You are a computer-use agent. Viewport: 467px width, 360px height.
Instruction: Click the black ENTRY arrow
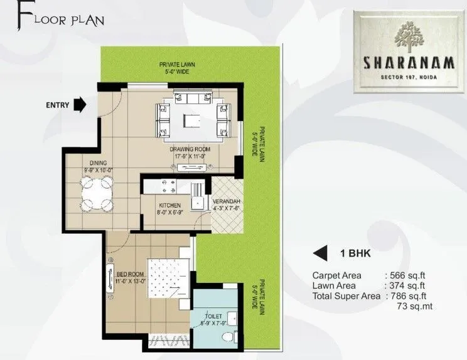tap(80, 104)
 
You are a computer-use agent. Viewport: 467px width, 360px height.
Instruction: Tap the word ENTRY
tap(57, 105)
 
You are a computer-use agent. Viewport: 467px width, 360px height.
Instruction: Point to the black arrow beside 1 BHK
tap(321, 253)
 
